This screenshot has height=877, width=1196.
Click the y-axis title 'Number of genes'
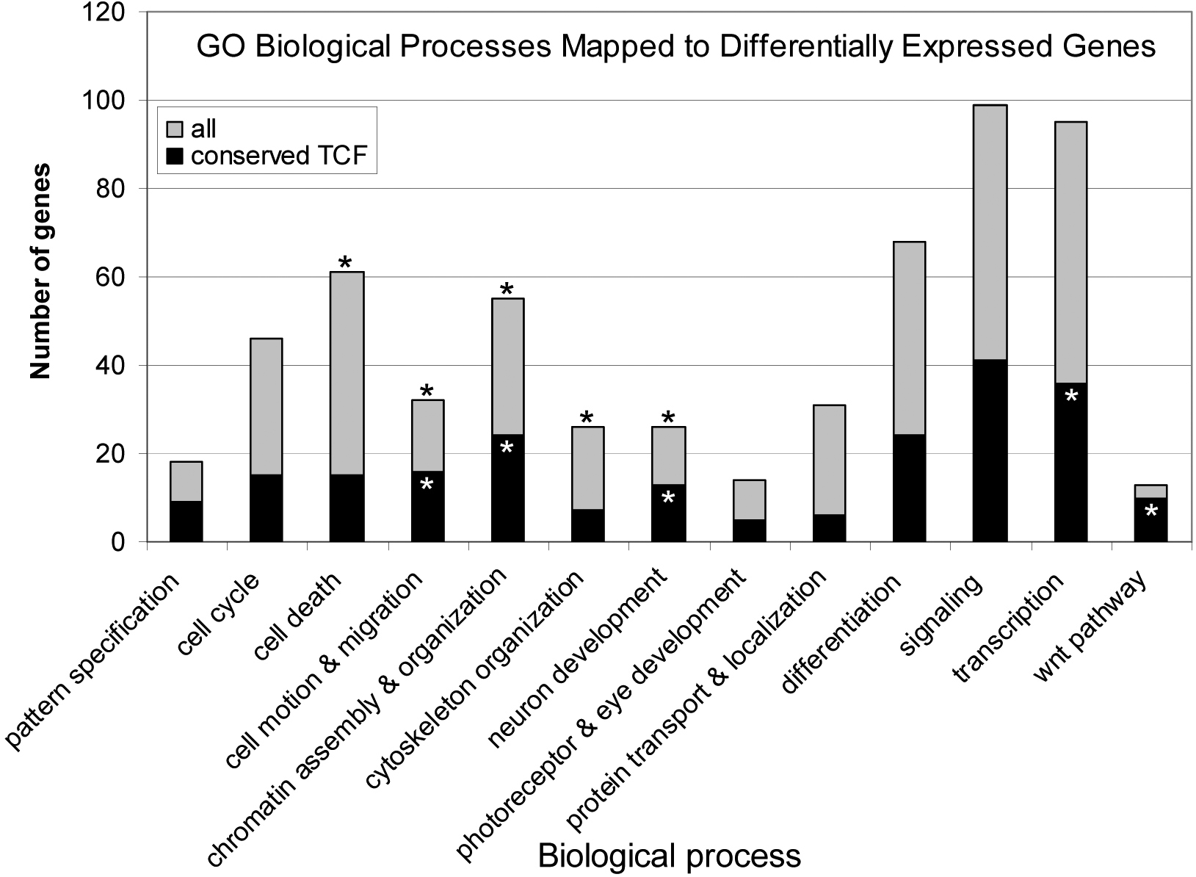click(x=41, y=272)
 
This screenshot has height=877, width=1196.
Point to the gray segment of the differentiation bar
click(x=909, y=338)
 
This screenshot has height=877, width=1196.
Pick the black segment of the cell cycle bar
click(x=266, y=508)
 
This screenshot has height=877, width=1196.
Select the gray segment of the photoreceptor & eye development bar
click(x=749, y=499)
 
